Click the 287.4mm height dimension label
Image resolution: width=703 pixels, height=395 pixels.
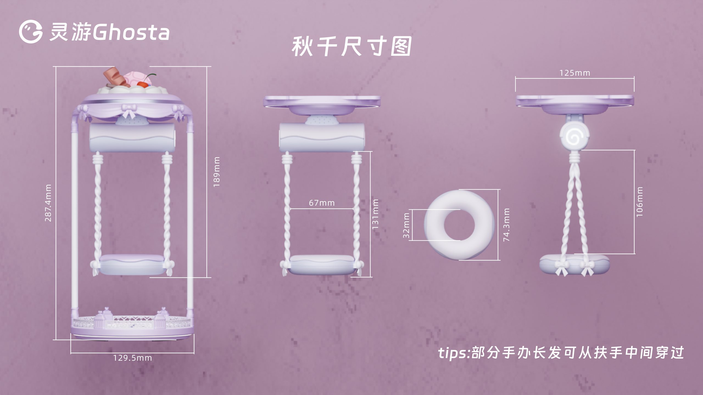click(48, 203)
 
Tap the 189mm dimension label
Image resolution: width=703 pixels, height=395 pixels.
click(217, 172)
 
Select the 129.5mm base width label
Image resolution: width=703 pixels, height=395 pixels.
click(132, 358)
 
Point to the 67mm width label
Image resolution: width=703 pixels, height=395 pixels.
click(322, 203)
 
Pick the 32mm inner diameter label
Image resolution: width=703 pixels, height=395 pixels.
click(406, 226)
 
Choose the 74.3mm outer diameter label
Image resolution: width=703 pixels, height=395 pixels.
click(507, 225)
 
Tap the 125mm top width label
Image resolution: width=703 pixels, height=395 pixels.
click(575, 73)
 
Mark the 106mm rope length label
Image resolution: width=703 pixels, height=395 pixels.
click(640, 202)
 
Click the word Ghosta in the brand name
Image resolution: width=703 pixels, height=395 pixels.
click(131, 33)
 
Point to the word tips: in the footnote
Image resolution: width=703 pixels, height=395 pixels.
click(454, 353)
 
